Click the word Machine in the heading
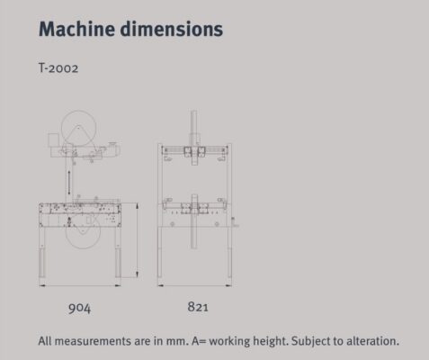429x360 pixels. click(x=76, y=29)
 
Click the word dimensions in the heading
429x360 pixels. click(x=172, y=29)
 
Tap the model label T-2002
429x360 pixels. click(x=58, y=67)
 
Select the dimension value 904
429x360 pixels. click(x=79, y=308)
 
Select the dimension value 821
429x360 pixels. click(x=198, y=307)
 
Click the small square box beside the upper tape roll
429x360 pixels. click(x=53, y=140)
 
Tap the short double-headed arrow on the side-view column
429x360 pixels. click(x=69, y=182)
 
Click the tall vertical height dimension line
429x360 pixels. click(x=137, y=240)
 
